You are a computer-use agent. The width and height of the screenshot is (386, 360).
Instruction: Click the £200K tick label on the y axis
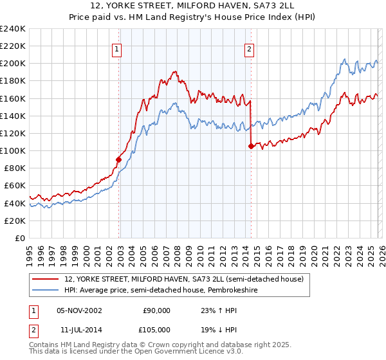coord(13,64)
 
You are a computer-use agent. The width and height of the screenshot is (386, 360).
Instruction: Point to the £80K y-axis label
coord(15,168)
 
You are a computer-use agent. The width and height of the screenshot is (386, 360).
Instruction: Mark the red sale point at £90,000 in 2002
coord(118,159)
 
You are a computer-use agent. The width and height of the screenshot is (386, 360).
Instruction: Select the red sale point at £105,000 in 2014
coord(251,146)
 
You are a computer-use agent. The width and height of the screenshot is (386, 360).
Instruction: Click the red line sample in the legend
coord(45,279)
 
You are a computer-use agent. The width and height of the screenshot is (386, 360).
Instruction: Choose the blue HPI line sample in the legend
coord(45,290)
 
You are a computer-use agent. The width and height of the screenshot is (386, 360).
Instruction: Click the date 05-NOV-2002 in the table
coord(79,310)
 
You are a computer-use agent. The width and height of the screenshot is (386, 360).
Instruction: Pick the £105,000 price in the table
coord(156,328)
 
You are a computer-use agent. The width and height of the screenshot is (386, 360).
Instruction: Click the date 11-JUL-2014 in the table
coord(78,328)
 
